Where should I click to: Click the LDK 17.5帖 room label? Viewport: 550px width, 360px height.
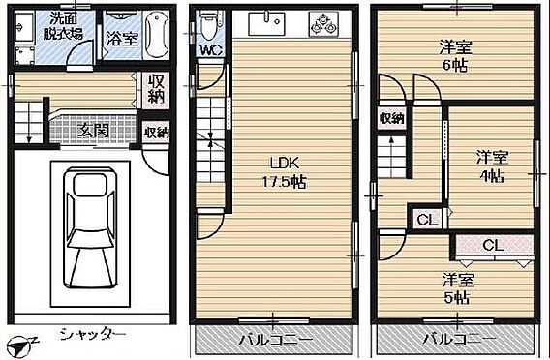pyautogui.click(x=285, y=172)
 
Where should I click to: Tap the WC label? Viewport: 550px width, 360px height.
pyautogui.click(x=212, y=49)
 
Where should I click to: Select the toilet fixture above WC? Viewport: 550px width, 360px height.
pyautogui.click(x=208, y=25)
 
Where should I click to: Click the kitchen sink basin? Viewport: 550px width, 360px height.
pyautogui.click(x=266, y=23)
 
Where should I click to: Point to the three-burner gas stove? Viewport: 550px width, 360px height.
pyautogui.click(x=323, y=24)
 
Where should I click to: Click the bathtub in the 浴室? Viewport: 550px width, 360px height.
pyautogui.click(x=156, y=34)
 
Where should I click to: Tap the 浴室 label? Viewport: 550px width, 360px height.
pyautogui.click(x=122, y=39)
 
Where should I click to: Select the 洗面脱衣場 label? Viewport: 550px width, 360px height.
pyautogui.click(x=63, y=25)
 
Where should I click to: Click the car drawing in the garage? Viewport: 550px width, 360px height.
pyautogui.click(x=90, y=227)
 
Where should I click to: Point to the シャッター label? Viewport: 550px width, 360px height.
pyautogui.click(x=93, y=334)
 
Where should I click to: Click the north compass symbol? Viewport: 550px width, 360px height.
pyautogui.click(x=20, y=346)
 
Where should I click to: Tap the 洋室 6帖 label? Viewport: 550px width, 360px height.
pyautogui.click(x=455, y=56)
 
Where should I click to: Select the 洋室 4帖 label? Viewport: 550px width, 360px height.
pyautogui.click(x=492, y=166)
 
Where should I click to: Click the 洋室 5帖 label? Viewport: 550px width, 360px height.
pyautogui.click(x=457, y=288)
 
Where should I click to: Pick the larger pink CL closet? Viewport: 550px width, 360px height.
pyautogui.click(x=495, y=246)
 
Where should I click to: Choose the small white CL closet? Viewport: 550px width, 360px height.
pyautogui.click(x=428, y=220)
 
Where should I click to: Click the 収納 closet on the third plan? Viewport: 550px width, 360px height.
pyautogui.click(x=392, y=118)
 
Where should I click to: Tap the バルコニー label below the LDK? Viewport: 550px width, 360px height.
pyautogui.click(x=275, y=340)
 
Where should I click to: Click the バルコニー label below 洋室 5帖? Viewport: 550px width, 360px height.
pyautogui.click(x=460, y=339)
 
